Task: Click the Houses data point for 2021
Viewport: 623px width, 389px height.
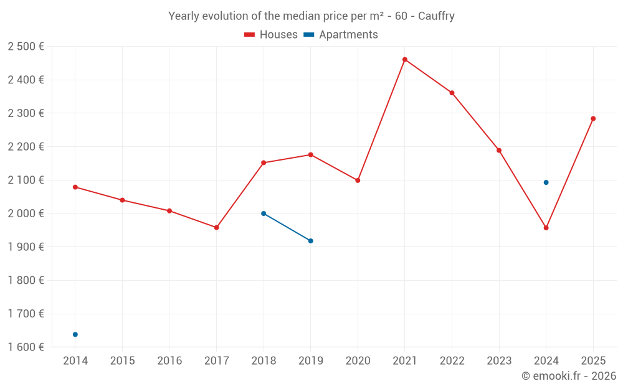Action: click(405, 60)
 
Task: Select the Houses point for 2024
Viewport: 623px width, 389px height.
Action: click(546, 228)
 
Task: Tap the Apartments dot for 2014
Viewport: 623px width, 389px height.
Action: click(75, 334)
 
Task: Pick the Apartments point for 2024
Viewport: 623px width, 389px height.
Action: click(546, 182)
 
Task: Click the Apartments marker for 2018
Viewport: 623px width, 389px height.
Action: click(264, 213)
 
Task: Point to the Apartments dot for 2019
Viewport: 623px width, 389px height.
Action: click(311, 241)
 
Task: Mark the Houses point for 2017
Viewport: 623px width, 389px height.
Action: click(216, 228)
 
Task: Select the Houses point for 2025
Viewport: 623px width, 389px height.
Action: click(593, 119)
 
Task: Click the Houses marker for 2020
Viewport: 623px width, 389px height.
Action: click(358, 180)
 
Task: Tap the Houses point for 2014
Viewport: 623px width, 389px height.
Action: click(75, 187)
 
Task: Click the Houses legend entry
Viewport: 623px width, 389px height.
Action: click(271, 35)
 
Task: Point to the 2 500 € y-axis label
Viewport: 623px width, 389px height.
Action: click(26, 47)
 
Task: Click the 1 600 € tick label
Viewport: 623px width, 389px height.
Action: click(26, 347)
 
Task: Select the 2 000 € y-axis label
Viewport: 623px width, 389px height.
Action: click(26, 213)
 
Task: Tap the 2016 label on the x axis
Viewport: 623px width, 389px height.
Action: click(169, 361)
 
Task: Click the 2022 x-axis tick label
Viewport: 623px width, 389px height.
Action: click(452, 361)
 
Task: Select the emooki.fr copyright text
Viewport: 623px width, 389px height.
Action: click(568, 376)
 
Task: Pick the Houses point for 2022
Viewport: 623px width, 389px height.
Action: click(452, 93)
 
